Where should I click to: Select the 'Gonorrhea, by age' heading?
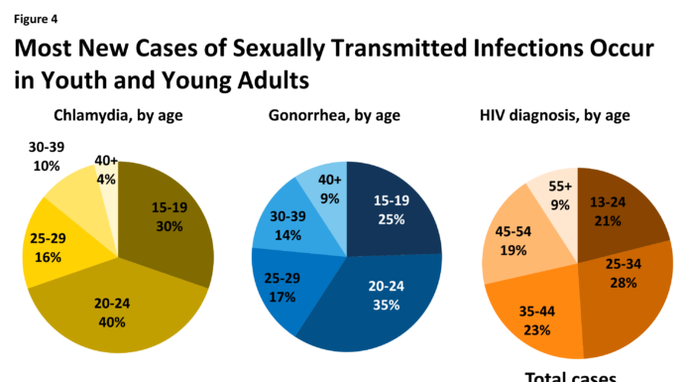tap(333, 115)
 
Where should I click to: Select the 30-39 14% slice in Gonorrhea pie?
tap(285, 225)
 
